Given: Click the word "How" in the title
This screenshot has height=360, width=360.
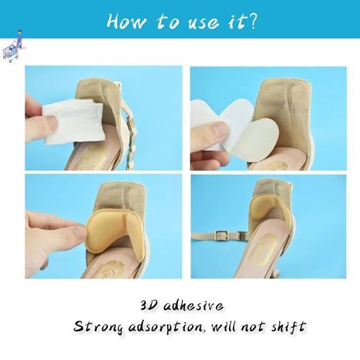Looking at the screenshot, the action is tap(126, 22).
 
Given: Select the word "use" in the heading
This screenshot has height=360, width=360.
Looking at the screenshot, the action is tap(203, 24).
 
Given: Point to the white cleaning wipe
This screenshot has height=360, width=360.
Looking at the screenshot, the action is tap(73, 121).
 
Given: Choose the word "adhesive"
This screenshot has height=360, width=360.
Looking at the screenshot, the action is tap(193, 306).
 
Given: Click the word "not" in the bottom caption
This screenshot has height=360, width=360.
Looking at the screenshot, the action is tap(255, 327).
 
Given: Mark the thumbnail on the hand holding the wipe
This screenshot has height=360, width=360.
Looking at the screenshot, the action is tap(52, 120).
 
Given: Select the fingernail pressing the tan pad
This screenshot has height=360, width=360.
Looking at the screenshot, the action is tap(82, 232).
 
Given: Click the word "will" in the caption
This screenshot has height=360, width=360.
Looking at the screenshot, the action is tap(225, 325).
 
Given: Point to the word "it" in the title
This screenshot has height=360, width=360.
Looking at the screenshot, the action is tap(237, 22).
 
